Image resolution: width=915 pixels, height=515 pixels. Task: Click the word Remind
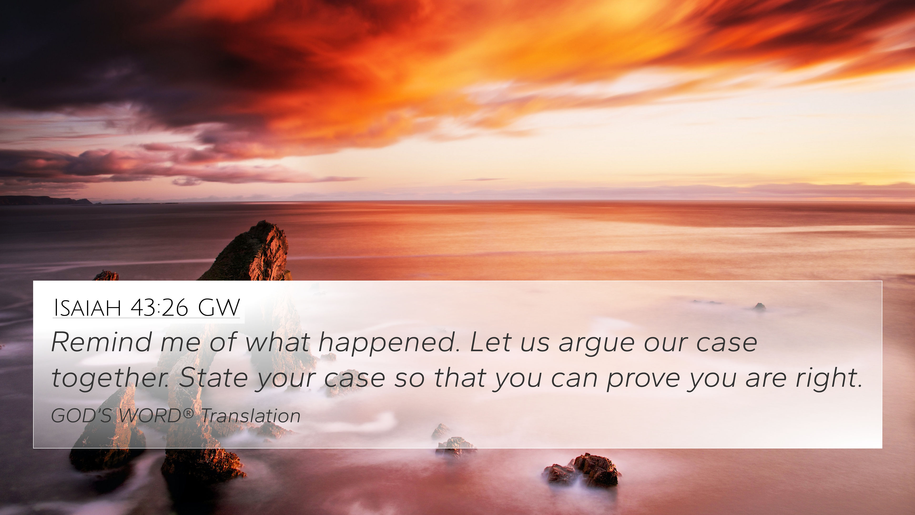tap(102, 342)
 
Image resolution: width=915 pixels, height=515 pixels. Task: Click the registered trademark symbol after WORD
tap(189, 413)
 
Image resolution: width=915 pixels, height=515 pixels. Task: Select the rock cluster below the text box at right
tap(583, 470)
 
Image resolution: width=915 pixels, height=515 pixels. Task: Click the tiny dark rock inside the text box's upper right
tap(759, 307)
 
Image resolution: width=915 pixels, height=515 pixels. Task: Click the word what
tap(278, 342)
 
